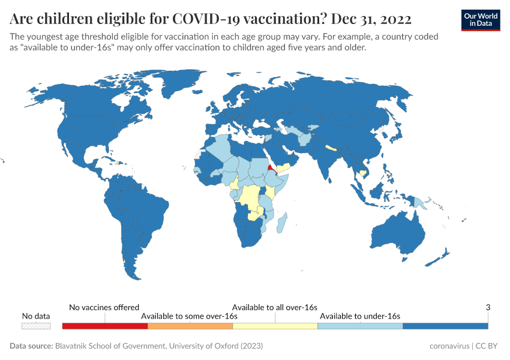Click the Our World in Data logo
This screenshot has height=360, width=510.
[480, 20]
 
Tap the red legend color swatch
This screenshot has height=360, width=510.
[104, 326]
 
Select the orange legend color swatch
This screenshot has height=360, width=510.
[190, 326]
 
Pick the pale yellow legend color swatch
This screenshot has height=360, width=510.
[275, 326]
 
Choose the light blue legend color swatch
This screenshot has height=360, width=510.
[360, 326]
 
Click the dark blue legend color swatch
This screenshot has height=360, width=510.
[445, 326]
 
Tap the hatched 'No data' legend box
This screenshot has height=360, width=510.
[36, 326]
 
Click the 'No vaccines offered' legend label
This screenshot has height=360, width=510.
[104, 307]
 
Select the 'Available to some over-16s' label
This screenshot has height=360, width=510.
[190, 316]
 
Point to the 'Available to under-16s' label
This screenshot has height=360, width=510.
[360, 316]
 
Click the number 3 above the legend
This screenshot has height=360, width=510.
[488, 307]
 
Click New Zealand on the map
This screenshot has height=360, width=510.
[441, 257]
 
